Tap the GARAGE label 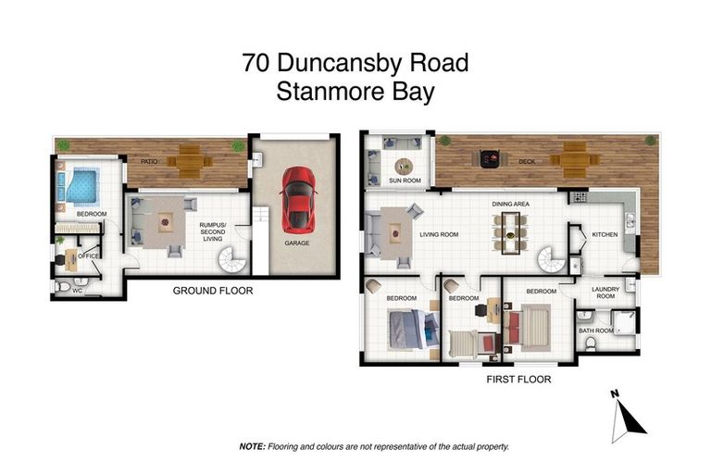(296, 243)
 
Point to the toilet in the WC (61, 288)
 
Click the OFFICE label (89, 256)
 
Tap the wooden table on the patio (190, 162)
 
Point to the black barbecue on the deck (487, 158)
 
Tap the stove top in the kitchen (580, 197)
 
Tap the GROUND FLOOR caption (213, 291)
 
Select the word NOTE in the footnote (252, 446)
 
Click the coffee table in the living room (397, 228)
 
